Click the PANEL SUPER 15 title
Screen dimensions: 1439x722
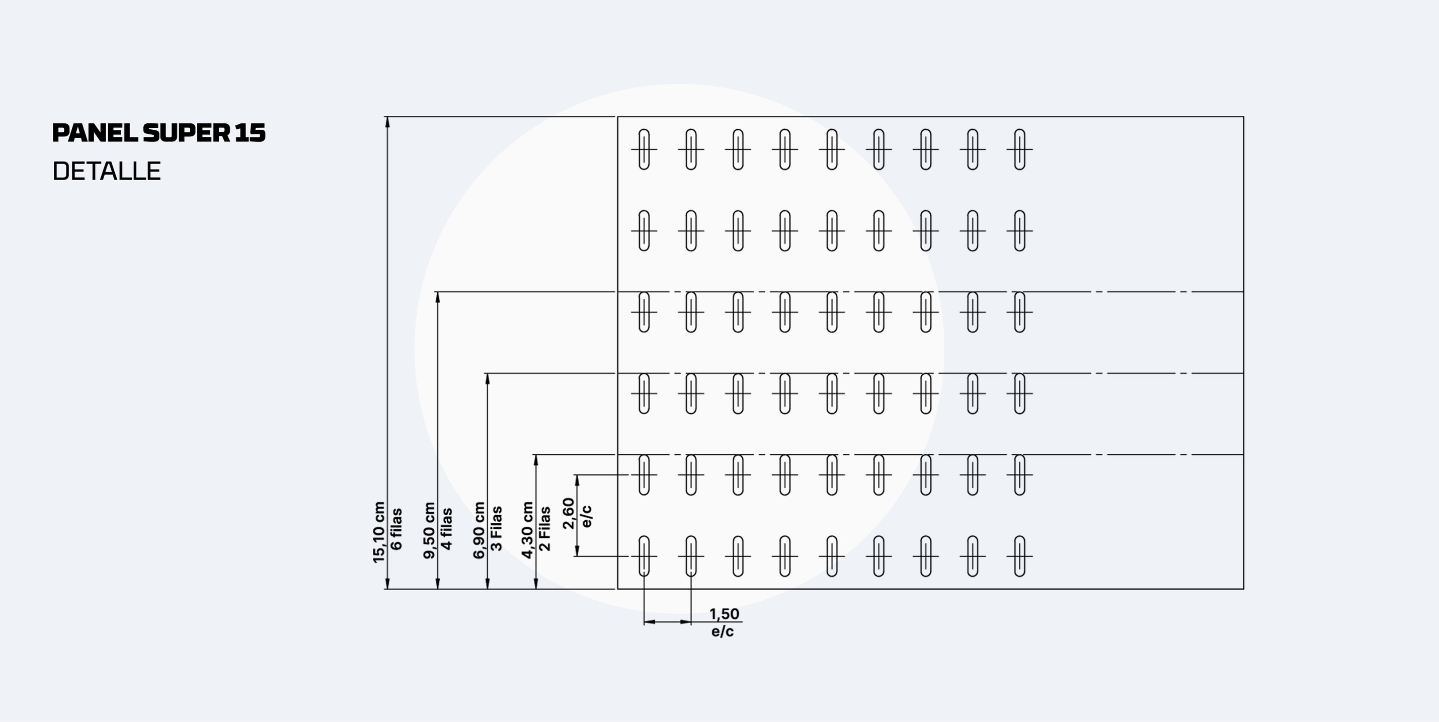pyautogui.click(x=158, y=133)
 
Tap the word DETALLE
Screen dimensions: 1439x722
pyautogui.click(x=107, y=171)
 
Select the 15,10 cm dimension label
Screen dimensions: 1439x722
pyautogui.click(x=379, y=532)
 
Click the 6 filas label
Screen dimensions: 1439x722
pyautogui.click(x=396, y=529)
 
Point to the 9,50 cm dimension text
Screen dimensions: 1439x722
pyautogui.click(x=429, y=530)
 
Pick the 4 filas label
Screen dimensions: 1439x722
pyautogui.click(x=447, y=529)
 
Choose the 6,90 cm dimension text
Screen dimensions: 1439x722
pyautogui.click(x=478, y=530)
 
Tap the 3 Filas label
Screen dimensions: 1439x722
pyautogui.click(x=496, y=528)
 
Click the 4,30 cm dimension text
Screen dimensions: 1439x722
pyautogui.click(x=527, y=530)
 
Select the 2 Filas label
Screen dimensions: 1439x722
pyautogui.click(x=544, y=528)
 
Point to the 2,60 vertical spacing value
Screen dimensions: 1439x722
pyautogui.click(x=569, y=513)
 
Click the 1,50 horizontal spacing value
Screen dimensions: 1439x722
pyautogui.click(x=725, y=614)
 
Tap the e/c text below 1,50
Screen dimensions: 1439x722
pyautogui.click(x=723, y=631)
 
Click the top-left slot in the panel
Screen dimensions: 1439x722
pyautogui.click(x=644, y=149)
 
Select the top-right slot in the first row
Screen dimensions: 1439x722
pyautogui.click(x=1019, y=149)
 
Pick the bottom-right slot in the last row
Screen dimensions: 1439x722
pyautogui.click(x=1019, y=556)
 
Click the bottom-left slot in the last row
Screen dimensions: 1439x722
pyautogui.click(x=644, y=556)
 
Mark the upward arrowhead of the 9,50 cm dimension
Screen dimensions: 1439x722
pyautogui.click(x=438, y=298)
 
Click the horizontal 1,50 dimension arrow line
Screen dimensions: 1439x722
pyautogui.click(x=668, y=621)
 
